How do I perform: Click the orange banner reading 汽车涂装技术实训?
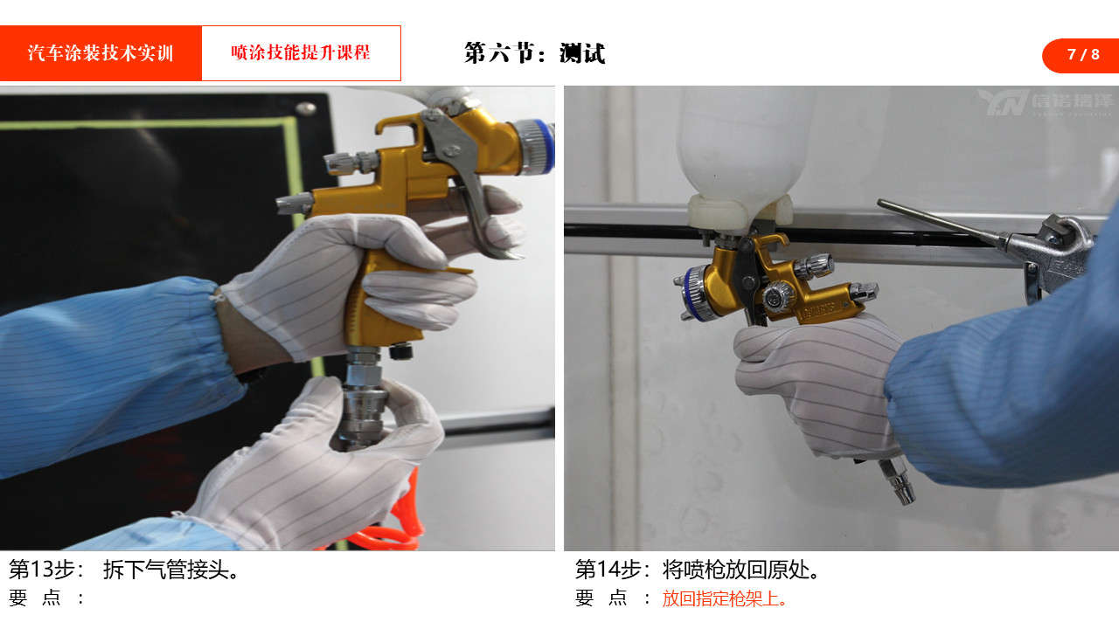pos(101,53)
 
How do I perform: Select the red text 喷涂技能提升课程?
pos(301,52)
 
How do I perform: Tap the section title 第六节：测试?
pos(534,53)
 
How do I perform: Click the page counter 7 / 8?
pos(1083,54)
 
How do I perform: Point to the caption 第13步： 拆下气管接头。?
pos(124,569)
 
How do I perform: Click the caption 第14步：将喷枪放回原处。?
pos(698,569)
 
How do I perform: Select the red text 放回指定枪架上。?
pos(725,598)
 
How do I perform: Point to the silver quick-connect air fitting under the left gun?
pos(363,399)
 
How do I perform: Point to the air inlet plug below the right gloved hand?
pos(898,480)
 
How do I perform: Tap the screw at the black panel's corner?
pos(305,107)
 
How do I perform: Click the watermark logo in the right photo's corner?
pos(1044,102)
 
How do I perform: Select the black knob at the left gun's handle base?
pos(401,350)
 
